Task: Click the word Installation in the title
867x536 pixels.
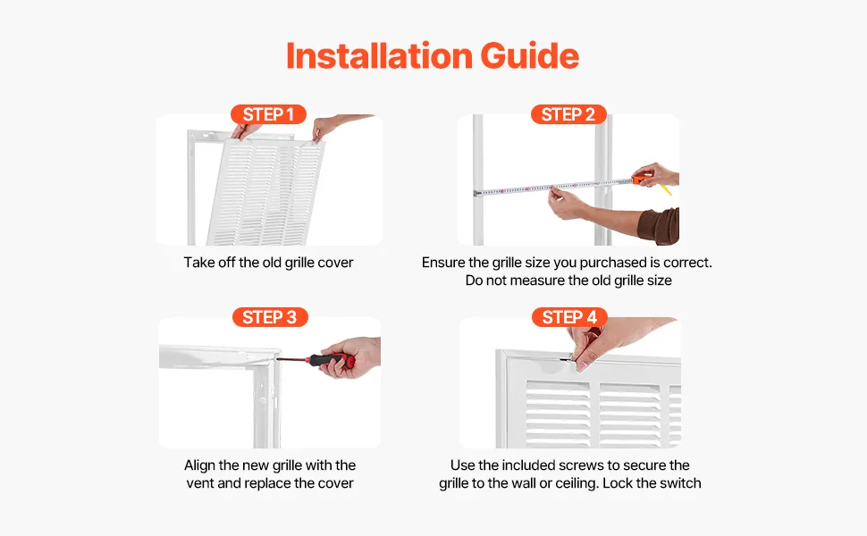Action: tap(379, 55)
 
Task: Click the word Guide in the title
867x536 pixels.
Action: tap(530, 55)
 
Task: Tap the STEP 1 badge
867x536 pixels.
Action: tap(268, 114)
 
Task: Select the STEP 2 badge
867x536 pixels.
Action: tap(568, 114)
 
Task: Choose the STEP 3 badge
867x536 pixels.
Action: tap(270, 317)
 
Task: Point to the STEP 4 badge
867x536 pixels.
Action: tap(569, 317)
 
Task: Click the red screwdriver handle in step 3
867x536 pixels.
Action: tap(332, 360)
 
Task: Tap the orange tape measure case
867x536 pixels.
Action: tap(642, 180)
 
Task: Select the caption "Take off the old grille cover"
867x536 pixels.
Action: tap(268, 263)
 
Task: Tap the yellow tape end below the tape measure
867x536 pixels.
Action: tap(666, 189)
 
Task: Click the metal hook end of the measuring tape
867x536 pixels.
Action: tap(476, 193)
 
